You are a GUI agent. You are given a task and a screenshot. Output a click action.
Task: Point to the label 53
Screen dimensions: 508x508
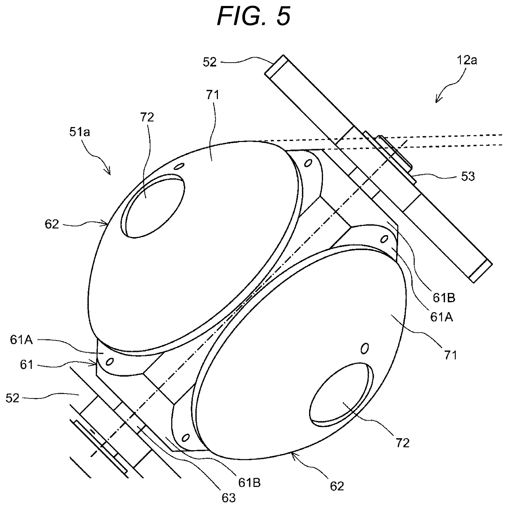point(468,177)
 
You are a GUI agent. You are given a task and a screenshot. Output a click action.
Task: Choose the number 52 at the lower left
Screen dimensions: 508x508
point(12,398)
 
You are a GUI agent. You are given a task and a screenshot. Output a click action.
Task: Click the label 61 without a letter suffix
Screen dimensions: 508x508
point(26,364)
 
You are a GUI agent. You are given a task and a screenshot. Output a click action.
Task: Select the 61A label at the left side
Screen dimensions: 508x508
point(22,340)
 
